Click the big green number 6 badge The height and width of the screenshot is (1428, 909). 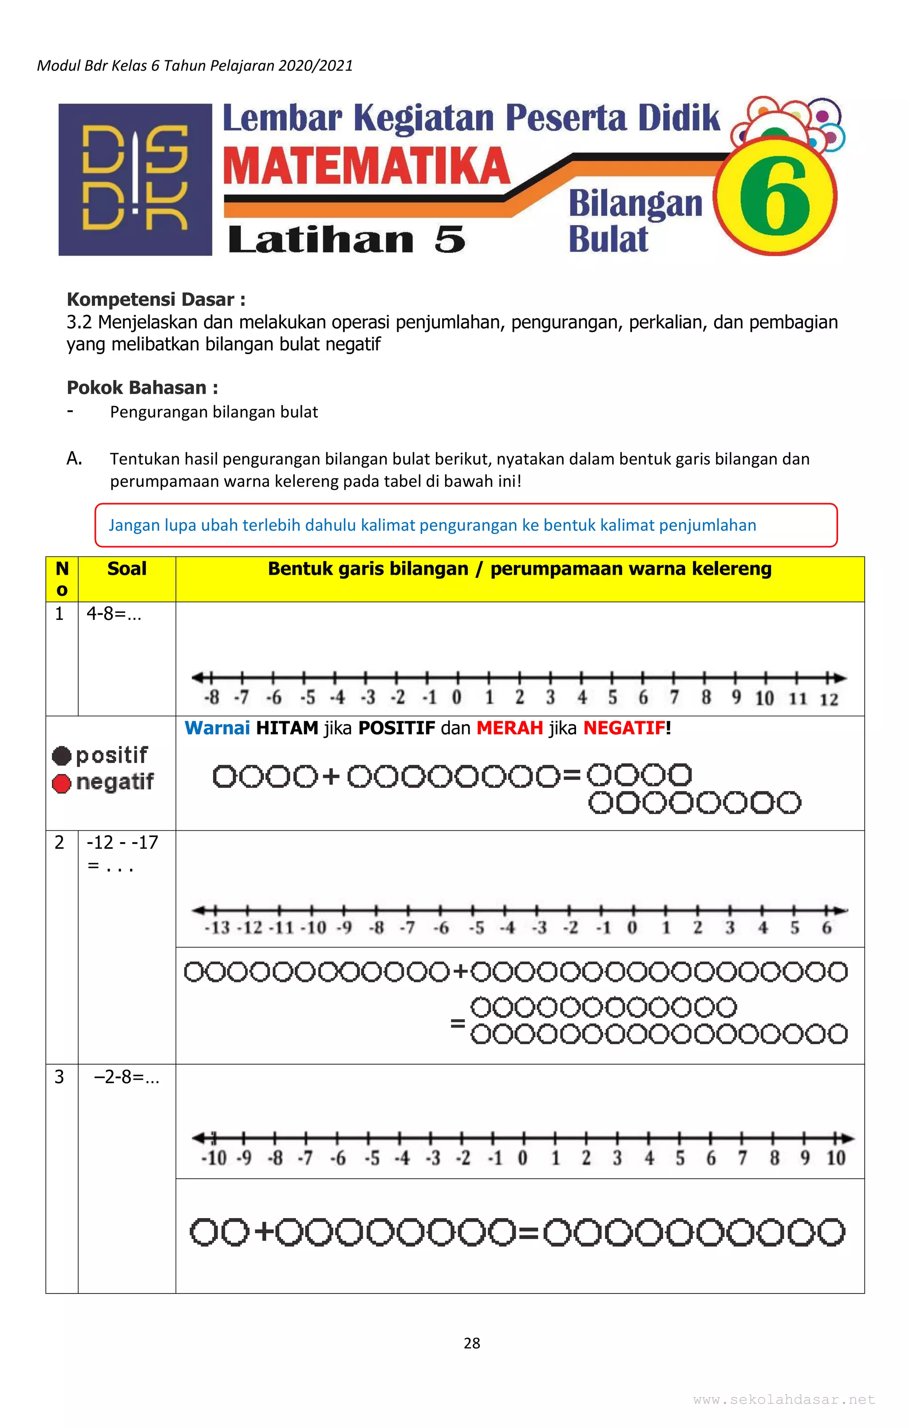(x=775, y=196)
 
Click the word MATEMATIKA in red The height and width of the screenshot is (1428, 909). (x=366, y=167)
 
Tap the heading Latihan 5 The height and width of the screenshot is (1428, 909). (x=347, y=240)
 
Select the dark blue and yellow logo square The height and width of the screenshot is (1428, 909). (x=135, y=180)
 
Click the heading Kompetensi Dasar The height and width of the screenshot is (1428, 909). (x=155, y=300)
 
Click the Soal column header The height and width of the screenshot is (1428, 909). (x=126, y=569)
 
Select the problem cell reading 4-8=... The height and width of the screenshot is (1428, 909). (x=114, y=614)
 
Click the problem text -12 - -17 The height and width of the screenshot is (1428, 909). (x=122, y=843)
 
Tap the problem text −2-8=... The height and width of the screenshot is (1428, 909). (x=126, y=1077)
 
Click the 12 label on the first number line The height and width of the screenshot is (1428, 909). (x=828, y=699)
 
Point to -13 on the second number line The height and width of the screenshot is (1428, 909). (x=217, y=928)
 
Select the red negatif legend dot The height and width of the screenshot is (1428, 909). (x=62, y=783)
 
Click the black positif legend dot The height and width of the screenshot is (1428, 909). (x=62, y=756)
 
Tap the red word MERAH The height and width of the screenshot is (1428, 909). (x=509, y=728)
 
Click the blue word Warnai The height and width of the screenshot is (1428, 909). (x=217, y=728)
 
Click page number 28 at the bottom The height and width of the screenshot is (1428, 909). (x=472, y=1343)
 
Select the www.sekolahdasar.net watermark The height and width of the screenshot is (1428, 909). (x=784, y=1400)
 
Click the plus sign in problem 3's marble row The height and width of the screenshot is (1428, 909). (x=264, y=1232)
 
